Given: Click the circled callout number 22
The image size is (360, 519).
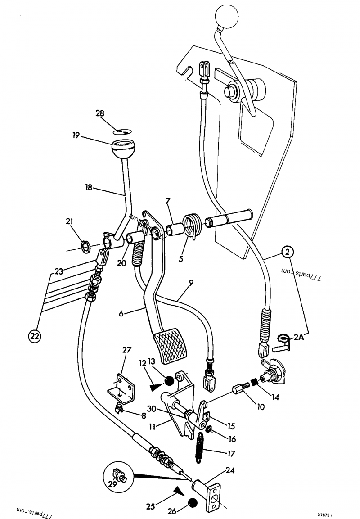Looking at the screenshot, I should click(35, 335).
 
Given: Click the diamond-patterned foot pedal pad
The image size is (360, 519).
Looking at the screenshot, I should click(170, 345).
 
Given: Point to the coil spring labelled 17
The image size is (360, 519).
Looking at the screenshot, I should click(199, 447).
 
